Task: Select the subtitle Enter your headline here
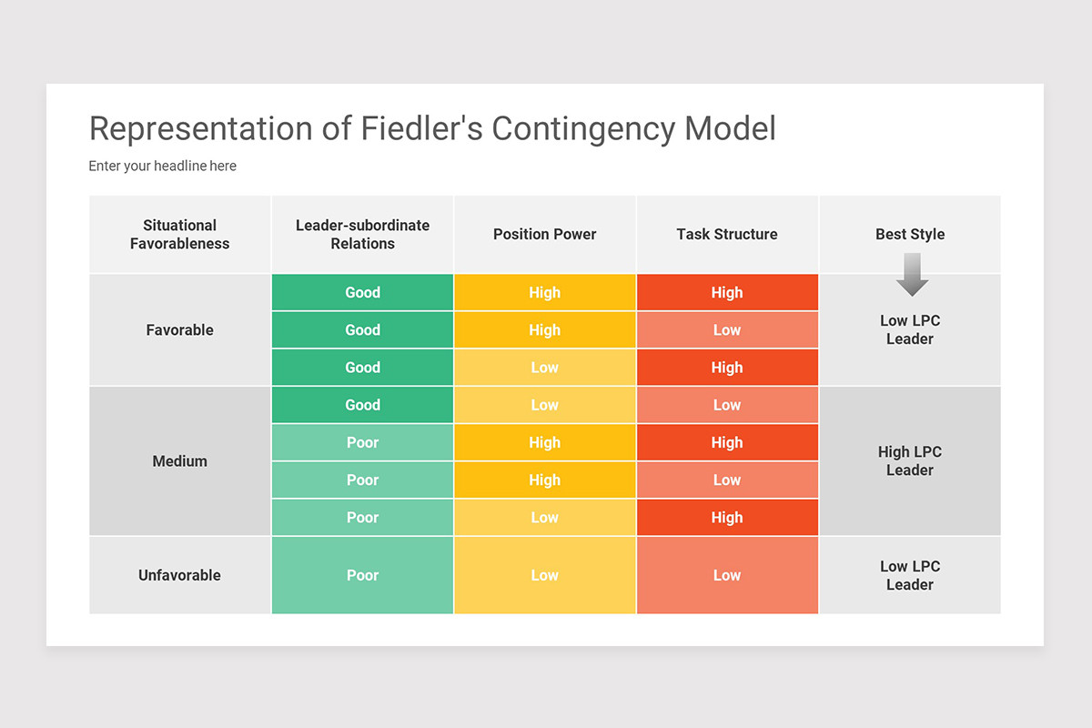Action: (162, 166)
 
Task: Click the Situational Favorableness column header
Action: (180, 235)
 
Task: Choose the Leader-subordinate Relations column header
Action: (362, 235)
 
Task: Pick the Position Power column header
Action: (544, 235)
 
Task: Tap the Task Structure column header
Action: (726, 235)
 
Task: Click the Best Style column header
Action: (910, 235)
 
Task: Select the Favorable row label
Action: (180, 330)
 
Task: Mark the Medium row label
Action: (180, 461)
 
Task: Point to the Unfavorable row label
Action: (180, 575)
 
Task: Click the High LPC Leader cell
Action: (910, 461)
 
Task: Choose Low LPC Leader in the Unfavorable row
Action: (910, 575)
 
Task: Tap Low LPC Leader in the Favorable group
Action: (910, 329)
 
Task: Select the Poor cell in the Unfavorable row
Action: (362, 575)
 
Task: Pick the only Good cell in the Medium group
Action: (362, 405)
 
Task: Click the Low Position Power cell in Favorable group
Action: (544, 368)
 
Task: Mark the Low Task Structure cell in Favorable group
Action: (726, 330)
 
